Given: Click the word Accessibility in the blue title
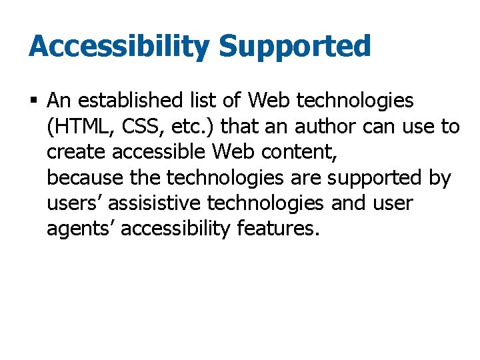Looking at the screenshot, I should (118, 47).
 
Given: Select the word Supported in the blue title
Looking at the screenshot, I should (295, 47).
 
